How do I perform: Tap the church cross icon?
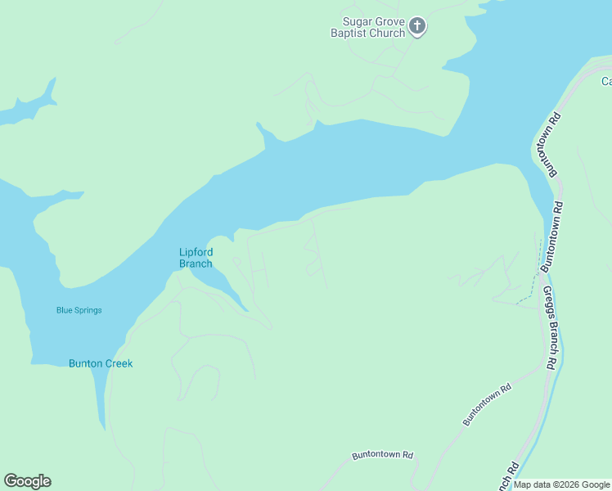click(x=417, y=27)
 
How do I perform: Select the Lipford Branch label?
click(x=196, y=258)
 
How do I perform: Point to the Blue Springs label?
click(x=79, y=310)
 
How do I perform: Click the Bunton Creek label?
click(x=101, y=363)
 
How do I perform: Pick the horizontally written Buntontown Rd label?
click(x=383, y=455)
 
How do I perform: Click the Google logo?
click(x=27, y=481)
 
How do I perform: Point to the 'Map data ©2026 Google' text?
click(x=561, y=485)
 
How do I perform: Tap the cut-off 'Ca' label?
click(x=606, y=81)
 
